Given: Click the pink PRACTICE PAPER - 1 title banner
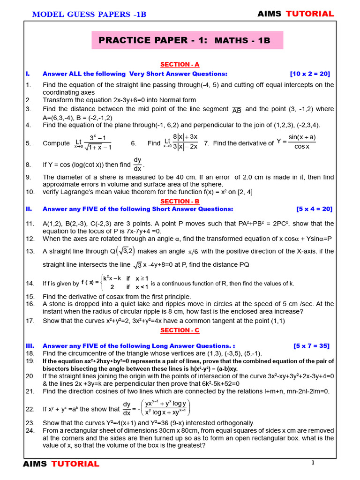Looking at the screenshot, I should pos(187,40).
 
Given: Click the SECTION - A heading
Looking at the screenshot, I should pos(180,65).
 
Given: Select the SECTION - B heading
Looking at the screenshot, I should pos(180,201).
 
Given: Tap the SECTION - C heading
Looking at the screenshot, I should pos(180,330).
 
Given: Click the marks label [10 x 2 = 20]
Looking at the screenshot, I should pos(310,74).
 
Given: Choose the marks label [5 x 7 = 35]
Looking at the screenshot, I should pos(311,346).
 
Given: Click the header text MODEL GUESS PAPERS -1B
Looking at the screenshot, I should pos(89,15).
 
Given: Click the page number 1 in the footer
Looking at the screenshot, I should pos(312,463).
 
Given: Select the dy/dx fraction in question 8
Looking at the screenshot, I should pos(137,165).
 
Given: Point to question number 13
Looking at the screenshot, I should pos(30,251).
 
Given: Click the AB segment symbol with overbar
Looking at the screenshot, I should pos(237,110).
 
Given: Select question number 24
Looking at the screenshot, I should pos(30,430).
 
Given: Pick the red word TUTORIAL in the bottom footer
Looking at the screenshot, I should pos(75,464).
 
